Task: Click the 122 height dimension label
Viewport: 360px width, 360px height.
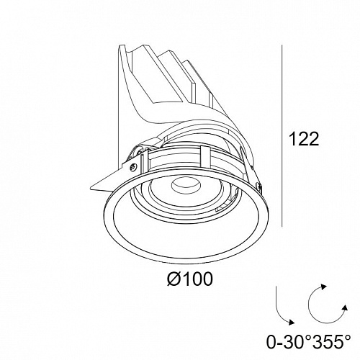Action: point(305,139)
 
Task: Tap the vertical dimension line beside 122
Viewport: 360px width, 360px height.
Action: point(282,135)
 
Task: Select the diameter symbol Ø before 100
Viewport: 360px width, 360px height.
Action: point(174,279)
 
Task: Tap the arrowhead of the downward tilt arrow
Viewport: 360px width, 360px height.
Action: point(292,322)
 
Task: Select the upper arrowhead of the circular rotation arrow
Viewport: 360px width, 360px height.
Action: point(324,287)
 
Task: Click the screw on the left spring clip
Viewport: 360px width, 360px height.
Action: point(133,166)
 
